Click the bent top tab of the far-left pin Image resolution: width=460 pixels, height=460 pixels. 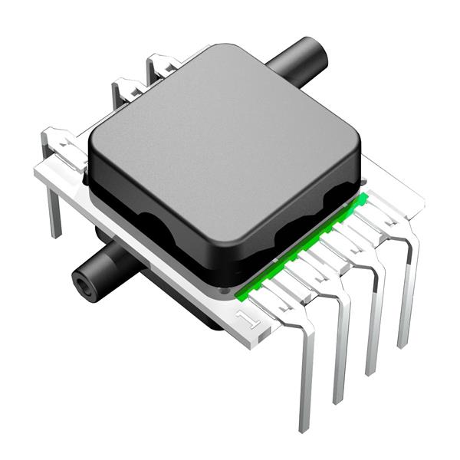(x=58, y=142)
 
